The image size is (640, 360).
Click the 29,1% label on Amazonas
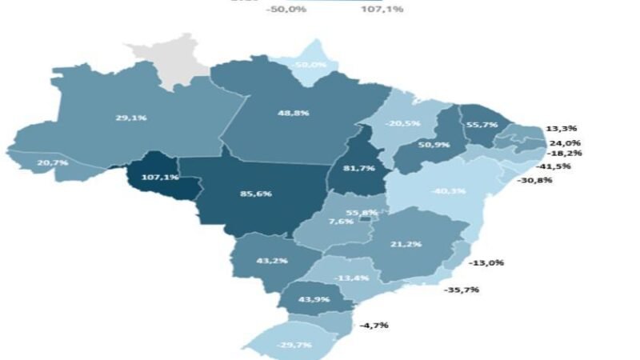[130, 118]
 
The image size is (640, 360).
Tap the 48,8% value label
[294, 114]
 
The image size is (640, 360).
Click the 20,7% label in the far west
[52, 162]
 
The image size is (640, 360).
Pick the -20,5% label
[401, 124]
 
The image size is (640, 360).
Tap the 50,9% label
[435, 146]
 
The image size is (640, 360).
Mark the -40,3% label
[448, 190]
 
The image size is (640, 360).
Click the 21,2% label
[407, 244]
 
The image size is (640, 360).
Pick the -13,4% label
[351, 278]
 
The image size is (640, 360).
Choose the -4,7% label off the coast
[375, 326]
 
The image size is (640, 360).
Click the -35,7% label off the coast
[461, 289]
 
